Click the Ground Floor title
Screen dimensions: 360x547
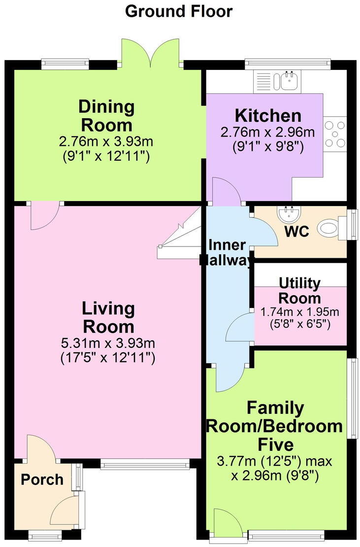(178, 11)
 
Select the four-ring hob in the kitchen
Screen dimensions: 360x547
(335, 134)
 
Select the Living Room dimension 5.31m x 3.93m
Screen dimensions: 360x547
(108, 343)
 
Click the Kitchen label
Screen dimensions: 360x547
(268, 115)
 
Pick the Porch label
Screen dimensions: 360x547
(42, 479)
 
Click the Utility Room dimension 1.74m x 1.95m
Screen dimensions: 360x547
(300, 311)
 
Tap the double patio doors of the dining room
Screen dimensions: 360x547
(150, 52)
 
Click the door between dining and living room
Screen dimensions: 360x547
(44, 215)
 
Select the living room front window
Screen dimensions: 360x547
(145, 464)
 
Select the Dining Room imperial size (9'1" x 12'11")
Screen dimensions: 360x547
(106, 156)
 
